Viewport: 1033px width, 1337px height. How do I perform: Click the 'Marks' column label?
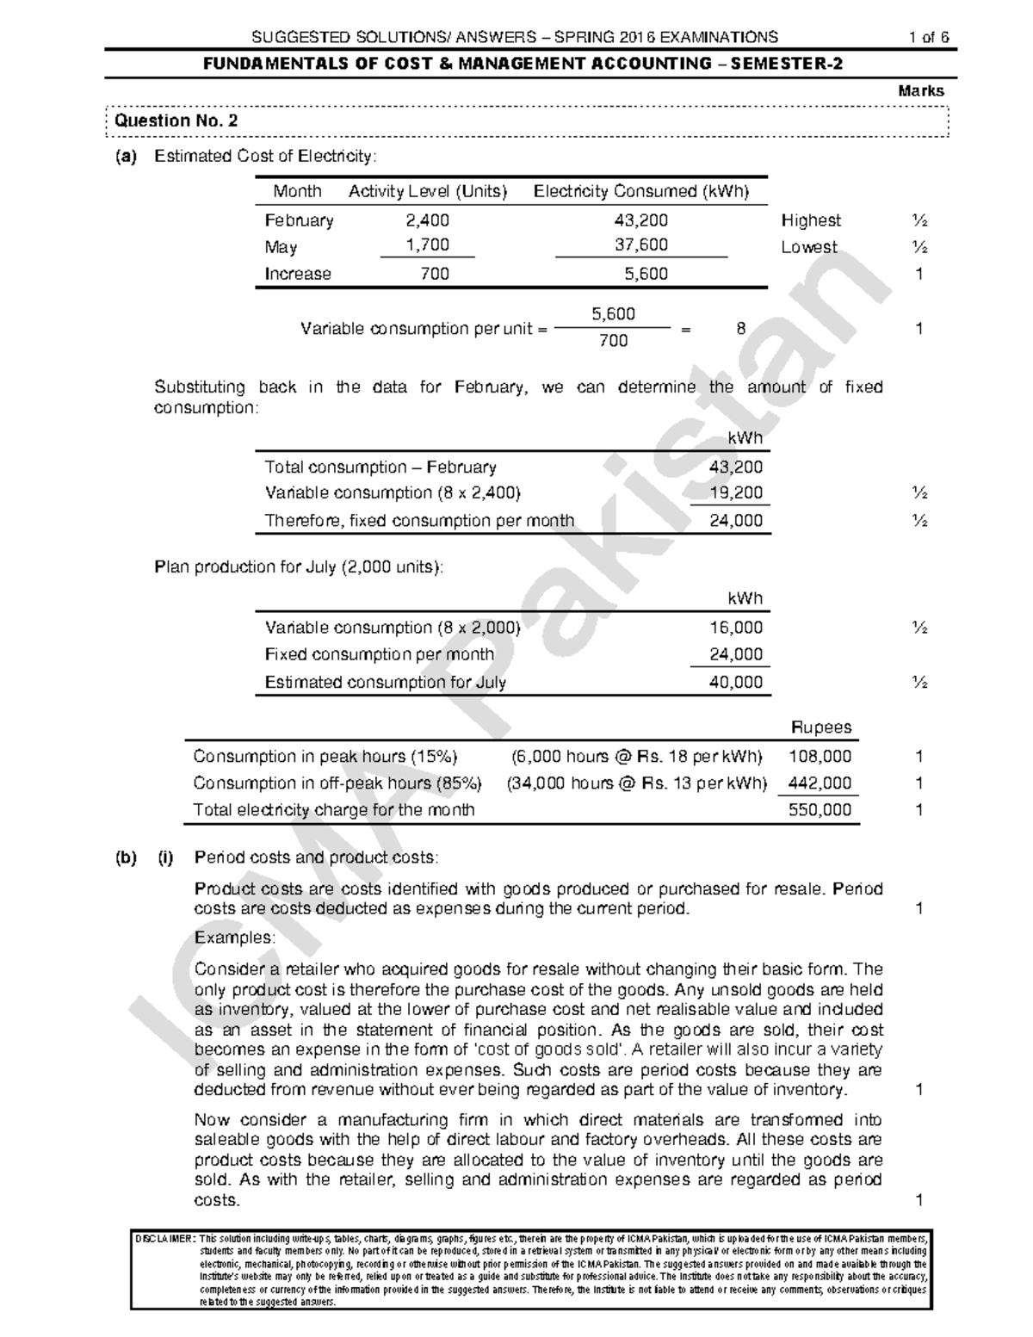point(920,90)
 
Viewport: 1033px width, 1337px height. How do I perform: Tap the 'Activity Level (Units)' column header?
point(427,192)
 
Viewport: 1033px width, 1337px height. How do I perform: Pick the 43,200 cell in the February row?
point(640,220)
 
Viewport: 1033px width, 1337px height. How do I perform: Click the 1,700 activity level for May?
point(427,245)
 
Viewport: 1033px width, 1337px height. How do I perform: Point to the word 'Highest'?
point(810,220)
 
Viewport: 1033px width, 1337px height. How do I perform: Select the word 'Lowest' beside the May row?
point(808,247)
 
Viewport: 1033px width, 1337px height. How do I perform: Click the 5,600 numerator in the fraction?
point(613,314)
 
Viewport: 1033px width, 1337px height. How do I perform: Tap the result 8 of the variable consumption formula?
point(740,328)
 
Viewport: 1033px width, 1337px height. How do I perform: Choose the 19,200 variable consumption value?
point(735,493)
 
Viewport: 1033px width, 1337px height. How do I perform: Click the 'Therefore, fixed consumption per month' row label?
point(419,521)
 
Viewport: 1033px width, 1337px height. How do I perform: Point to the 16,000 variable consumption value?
point(735,628)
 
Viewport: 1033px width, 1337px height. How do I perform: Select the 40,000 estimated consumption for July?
point(735,682)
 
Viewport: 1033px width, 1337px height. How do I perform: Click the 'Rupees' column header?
point(820,727)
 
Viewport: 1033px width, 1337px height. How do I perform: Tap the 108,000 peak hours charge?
point(820,756)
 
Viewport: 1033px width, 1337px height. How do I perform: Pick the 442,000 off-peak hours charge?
point(820,783)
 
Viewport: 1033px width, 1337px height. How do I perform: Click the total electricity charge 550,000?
point(820,810)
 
